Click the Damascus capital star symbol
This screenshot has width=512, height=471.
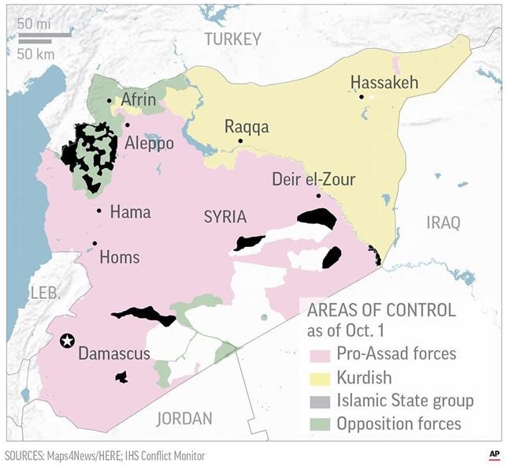[x=67, y=341]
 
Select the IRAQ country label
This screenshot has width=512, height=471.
[x=443, y=222]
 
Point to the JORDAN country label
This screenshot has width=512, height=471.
[x=185, y=418]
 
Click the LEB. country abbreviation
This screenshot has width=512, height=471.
[x=45, y=293]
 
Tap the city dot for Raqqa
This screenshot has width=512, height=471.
[x=241, y=141]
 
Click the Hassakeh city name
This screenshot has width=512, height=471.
[x=384, y=84]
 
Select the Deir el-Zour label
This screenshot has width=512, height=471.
[x=314, y=180]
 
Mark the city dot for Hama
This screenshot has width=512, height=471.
[x=99, y=210]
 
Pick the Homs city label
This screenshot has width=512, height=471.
[x=120, y=257]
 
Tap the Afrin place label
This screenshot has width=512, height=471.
[x=139, y=100]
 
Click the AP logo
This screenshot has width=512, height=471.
[x=493, y=455]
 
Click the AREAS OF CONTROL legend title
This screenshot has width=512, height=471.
[x=380, y=310]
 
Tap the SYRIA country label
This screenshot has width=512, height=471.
[x=224, y=217]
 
